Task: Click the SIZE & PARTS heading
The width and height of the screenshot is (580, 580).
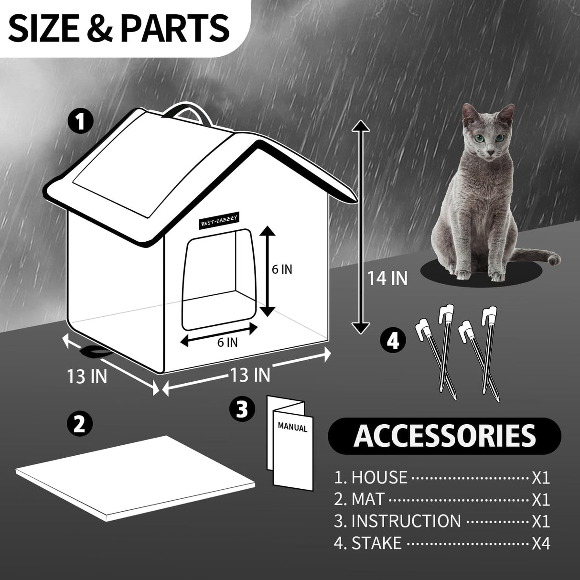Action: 119,27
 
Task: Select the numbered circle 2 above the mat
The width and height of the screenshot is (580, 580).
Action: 79,423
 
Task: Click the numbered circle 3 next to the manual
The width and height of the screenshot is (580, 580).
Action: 243,408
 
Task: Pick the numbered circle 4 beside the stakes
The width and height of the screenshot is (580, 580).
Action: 393,342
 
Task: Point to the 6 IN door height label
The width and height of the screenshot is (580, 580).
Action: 282,269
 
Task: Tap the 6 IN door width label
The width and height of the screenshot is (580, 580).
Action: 227,342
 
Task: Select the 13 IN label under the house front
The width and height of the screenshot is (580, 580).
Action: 250,375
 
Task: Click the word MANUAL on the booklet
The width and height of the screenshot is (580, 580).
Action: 292,426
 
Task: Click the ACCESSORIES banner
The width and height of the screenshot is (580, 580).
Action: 444,435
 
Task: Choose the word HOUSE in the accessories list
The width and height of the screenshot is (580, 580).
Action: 379,477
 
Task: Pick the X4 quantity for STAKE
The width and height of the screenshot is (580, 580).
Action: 541,544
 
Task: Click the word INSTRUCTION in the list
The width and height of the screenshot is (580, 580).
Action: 406,521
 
